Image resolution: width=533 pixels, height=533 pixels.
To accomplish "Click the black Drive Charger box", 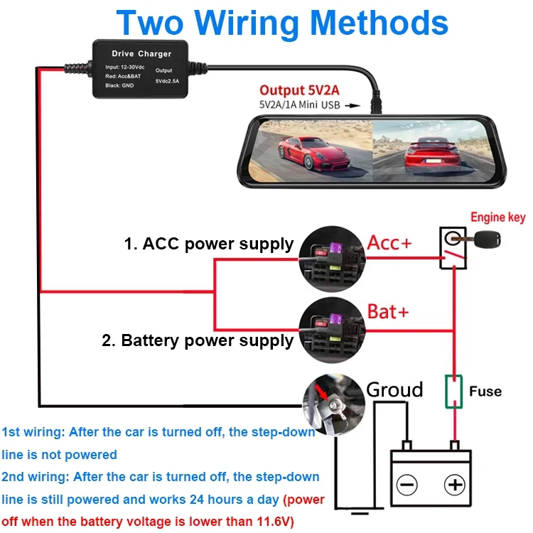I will [141, 68].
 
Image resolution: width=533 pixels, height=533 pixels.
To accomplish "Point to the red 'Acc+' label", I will [389, 243].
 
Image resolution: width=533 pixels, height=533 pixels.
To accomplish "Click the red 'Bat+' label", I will [388, 311].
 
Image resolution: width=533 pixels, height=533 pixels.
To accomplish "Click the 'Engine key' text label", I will [497, 217].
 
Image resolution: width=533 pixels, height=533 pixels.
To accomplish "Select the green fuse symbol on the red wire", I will [452, 391].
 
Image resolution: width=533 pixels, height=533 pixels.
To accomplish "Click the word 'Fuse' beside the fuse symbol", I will [485, 392].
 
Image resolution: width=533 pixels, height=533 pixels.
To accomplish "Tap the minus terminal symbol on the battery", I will [407, 485].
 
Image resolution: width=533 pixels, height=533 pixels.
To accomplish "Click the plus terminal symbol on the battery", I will [453, 485].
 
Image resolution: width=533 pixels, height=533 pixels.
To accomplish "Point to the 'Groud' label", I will [394, 389].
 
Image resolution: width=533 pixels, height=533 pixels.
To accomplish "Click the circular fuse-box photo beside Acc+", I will [332, 254].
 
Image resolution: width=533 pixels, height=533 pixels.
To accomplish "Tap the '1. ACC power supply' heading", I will [208, 244].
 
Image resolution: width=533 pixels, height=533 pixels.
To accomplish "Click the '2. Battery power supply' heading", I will [198, 340].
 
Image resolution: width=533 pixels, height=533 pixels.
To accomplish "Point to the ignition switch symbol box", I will [451, 248].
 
